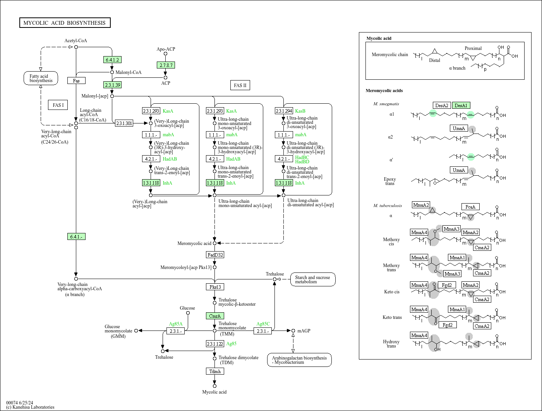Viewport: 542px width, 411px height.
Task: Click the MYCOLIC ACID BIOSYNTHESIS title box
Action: coord(65,23)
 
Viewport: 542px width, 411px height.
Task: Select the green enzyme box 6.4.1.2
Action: coord(113,60)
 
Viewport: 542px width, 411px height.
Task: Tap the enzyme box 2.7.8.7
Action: coord(166,65)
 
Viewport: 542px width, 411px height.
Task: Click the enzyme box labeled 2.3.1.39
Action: coord(113,85)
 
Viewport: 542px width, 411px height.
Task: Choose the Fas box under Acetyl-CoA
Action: coord(76,80)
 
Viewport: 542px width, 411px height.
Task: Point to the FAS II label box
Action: coord(240,85)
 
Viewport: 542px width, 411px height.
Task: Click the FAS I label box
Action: coord(58,105)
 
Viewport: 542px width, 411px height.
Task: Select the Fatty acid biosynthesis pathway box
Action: coord(41,78)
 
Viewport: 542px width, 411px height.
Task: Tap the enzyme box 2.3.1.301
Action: coord(124,123)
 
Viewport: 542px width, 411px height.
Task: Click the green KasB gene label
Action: coord(300,111)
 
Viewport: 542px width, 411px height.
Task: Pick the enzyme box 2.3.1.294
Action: coord(284,111)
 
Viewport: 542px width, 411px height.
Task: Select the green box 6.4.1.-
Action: coord(76,236)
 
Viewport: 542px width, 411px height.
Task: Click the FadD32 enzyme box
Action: coord(215,255)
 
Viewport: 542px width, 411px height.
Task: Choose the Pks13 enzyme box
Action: coord(215,287)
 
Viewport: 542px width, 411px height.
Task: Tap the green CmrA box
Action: coord(215,316)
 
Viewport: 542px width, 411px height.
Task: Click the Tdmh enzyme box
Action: coord(215,371)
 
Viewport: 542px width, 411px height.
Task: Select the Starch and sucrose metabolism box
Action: coord(312,279)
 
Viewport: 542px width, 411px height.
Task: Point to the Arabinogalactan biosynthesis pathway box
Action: coord(299,360)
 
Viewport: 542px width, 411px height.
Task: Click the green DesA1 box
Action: coord(461,105)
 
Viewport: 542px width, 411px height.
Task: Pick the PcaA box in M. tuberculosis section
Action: coord(470,207)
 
